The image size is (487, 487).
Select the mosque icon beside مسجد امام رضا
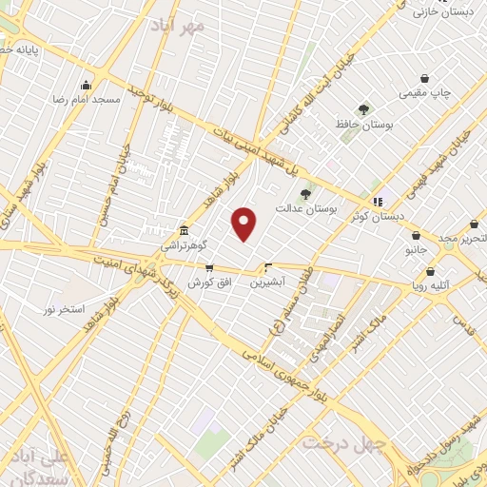87,85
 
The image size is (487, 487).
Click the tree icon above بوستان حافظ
361,109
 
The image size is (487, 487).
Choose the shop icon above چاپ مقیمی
424,78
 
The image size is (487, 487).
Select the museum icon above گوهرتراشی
185,231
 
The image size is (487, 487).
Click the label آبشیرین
269,282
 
